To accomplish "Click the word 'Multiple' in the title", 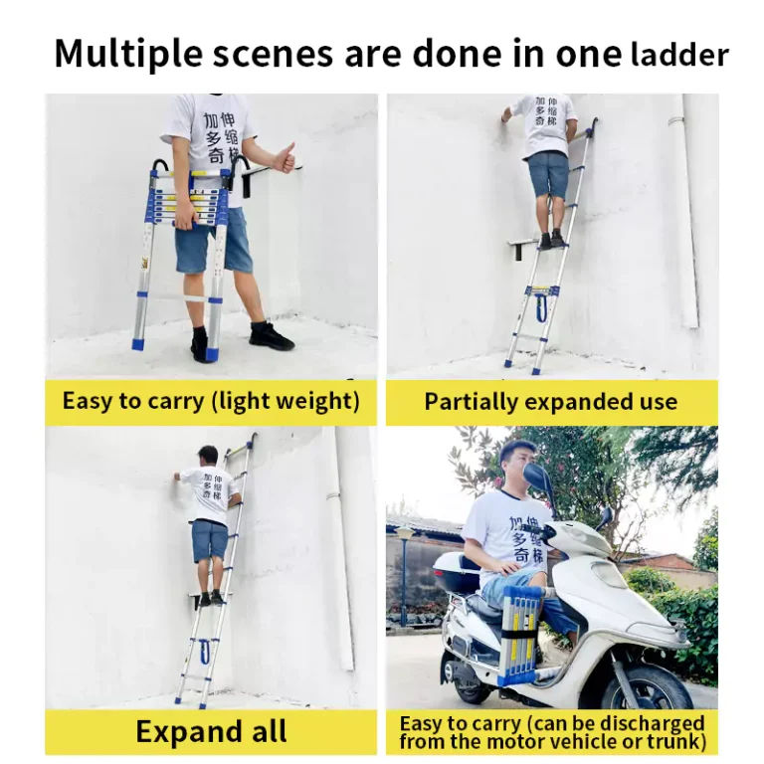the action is (127, 54).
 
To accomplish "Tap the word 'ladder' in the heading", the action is (679, 55).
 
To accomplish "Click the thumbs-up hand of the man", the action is (286, 158).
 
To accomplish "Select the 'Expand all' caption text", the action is (211, 731).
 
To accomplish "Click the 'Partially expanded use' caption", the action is (550, 402).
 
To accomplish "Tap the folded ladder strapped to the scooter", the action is (521, 634).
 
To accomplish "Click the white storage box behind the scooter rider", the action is (454, 573).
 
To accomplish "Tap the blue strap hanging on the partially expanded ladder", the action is (542, 307).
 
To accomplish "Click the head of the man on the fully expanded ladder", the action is (208, 457).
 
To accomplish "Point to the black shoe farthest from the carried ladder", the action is (271, 335).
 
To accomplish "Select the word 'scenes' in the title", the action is (273, 54).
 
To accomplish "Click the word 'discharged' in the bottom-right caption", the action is (654, 723).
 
